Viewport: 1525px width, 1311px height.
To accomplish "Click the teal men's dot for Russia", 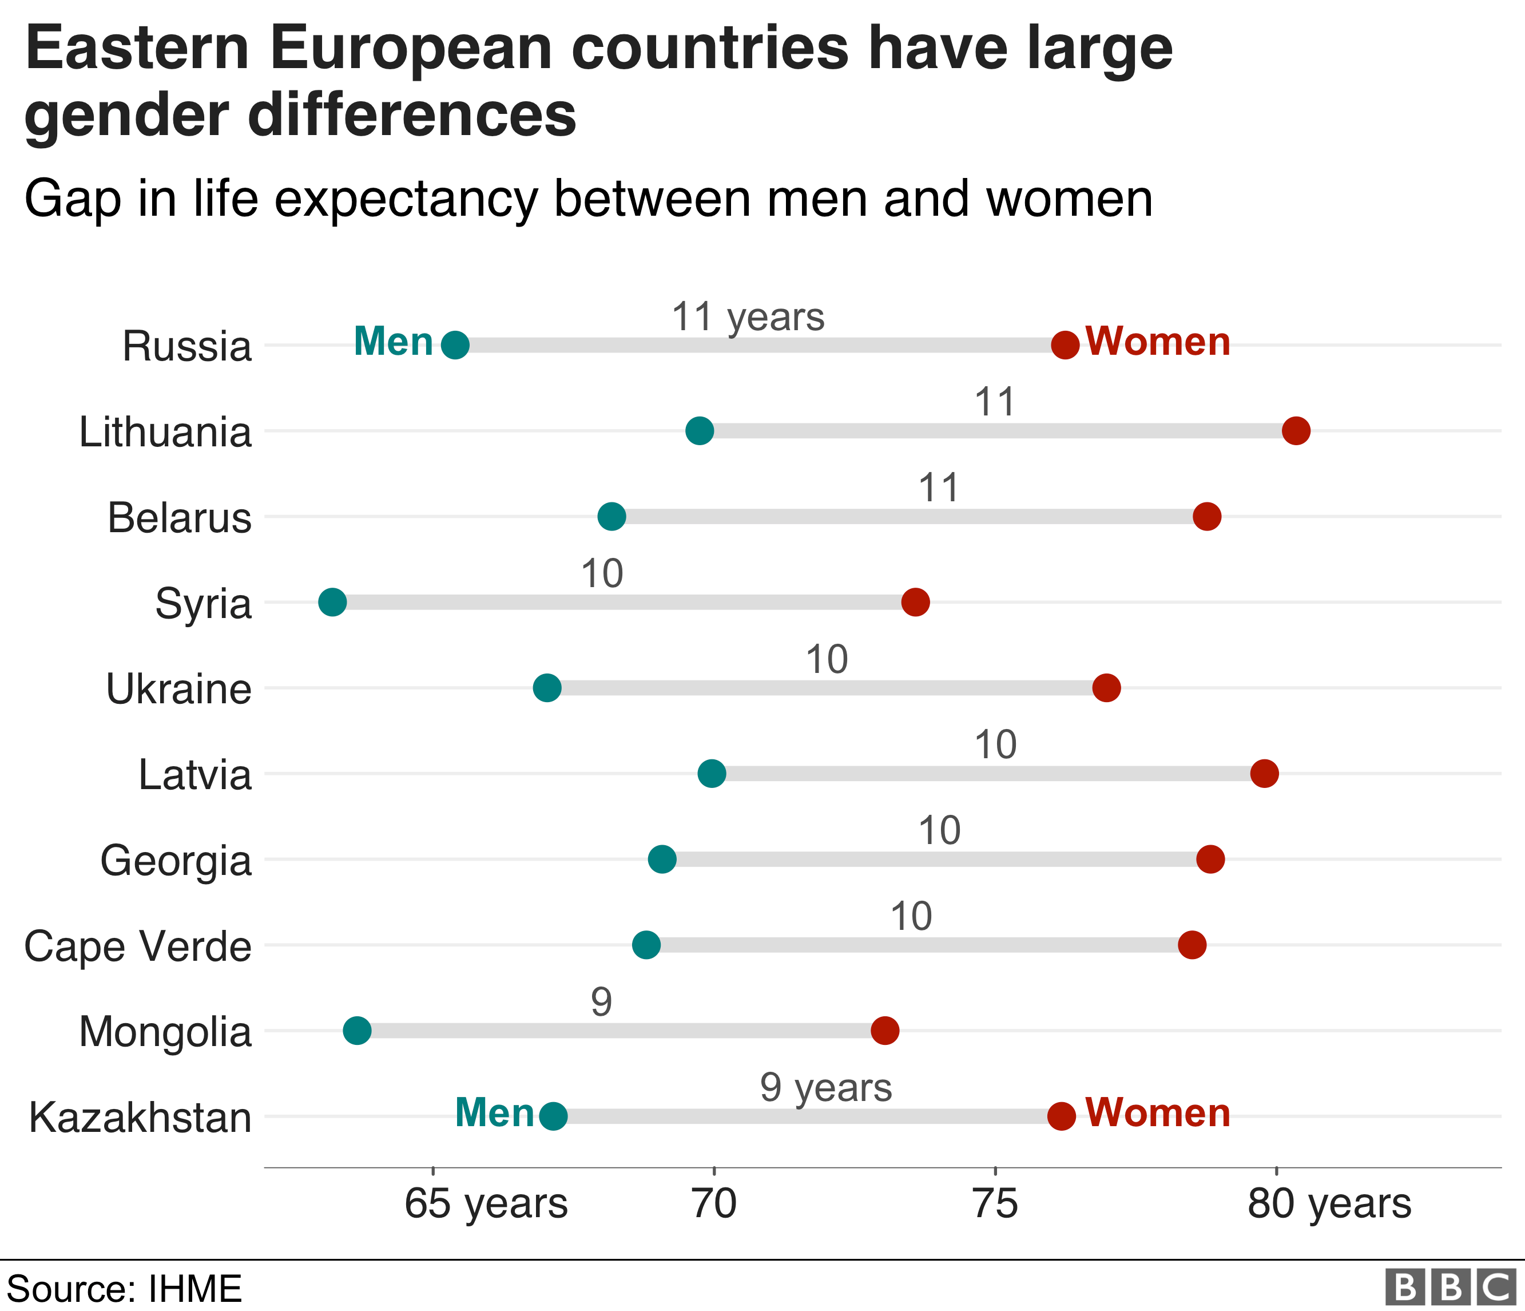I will [455, 344].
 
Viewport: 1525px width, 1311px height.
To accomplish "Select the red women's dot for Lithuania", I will [1296, 431].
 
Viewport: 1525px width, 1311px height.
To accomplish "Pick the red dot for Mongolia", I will [885, 1031].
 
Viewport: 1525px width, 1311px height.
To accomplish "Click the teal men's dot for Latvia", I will [711, 774].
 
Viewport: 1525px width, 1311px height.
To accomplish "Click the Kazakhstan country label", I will [140, 1118].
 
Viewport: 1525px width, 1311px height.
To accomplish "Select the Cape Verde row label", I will [138, 946].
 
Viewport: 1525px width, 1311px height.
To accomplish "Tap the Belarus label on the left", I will [180, 517].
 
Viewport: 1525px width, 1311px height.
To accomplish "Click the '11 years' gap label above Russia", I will [747, 317].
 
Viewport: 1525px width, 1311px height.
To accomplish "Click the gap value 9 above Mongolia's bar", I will [601, 1003].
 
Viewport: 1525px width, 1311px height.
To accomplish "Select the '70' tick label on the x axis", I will [714, 1204].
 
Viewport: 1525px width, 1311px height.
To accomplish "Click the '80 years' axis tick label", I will [1328, 1204].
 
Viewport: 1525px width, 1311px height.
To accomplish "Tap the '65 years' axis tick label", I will [486, 1204].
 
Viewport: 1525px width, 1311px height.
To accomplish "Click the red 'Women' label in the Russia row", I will [1158, 342].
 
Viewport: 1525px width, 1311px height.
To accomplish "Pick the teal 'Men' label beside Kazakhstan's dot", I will [494, 1113].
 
